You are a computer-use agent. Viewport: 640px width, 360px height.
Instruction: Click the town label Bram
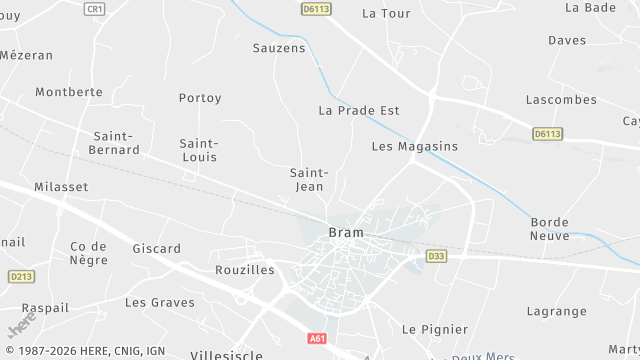tap(346, 233)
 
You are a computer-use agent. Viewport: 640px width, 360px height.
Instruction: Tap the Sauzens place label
tap(279, 48)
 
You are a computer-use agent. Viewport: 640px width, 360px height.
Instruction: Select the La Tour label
tap(386, 14)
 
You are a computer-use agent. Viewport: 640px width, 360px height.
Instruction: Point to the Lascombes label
tap(561, 100)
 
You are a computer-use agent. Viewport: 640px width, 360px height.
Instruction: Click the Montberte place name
tap(69, 92)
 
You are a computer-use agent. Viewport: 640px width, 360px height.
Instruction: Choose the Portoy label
tap(200, 98)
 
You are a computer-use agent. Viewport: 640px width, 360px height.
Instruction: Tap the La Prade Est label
tap(359, 110)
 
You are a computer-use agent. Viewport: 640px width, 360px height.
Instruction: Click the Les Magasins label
tap(414, 146)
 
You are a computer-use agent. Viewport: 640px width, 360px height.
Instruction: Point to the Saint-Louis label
tap(198, 150)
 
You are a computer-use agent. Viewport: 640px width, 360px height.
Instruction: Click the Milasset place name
tap(61, 187)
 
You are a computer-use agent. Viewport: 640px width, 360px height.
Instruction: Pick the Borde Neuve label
tap(550, 229)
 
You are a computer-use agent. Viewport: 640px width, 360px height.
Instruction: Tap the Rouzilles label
tap(245, 270)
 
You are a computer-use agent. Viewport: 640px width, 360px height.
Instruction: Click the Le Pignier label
tap(434, 329)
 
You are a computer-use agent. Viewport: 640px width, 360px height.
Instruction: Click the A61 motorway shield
tap(317, 339)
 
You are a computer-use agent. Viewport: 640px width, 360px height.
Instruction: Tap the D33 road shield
tap(436, 256)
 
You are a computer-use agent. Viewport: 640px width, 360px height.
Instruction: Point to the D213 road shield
tap(21, 276)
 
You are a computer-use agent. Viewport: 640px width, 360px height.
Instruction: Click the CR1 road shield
tap(94, 8)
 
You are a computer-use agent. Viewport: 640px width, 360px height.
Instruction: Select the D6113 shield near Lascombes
tap(546, 133)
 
